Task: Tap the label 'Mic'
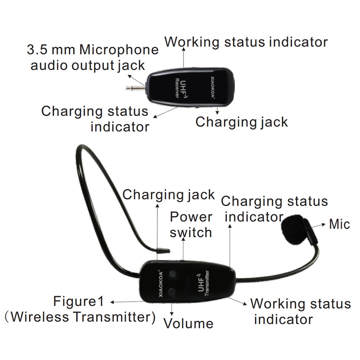coord(339,224)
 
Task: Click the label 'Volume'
coord(188,323)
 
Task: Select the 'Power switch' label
coord(191,225)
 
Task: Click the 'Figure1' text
coord(78,301)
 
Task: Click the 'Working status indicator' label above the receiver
coord(246,42)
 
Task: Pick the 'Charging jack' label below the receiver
coord(242,122)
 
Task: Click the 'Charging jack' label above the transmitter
coord(168,194)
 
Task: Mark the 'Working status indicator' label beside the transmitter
coord(300,311)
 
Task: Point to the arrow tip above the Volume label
coord(172,312)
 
